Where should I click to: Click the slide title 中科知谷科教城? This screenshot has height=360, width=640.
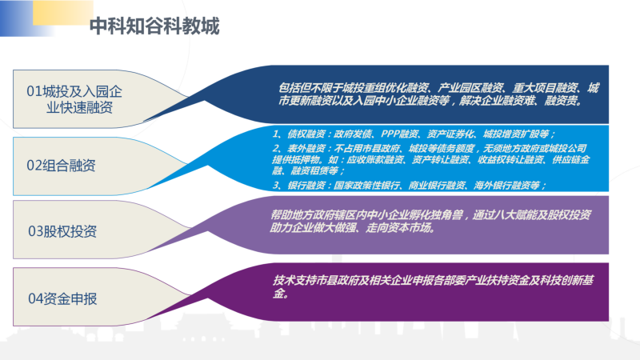pyautogui.click(x=154, y=26)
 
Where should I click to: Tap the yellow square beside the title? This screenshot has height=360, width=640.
pyautogui.click(x=63, y=13)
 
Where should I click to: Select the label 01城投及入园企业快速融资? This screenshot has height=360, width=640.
pyautogui.click(x=74, y=99)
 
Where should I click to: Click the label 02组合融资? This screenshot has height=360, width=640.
pyautogui.click(x=61, y=166)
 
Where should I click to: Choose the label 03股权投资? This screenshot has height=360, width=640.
pyautogui.click(x=62, y=231)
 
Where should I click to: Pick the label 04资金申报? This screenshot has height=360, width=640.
pyautogui.click(x=62, y=298)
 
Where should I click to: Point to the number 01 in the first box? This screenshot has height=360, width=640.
pyautogui.click(x=34, y=91)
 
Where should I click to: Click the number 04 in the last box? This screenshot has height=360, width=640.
pyautogui.click(x=35, y=298)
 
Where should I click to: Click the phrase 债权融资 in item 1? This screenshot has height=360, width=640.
pyautogui.click(x=306, y=134)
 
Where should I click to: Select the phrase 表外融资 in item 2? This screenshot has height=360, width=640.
pyautogui.click(x=306, y=148)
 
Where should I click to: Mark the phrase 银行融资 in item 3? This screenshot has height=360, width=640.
pyautogui.click(x=306, y=186)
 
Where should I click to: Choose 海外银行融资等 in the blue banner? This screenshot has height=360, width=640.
pyautogui.click(x=507, y=186)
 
